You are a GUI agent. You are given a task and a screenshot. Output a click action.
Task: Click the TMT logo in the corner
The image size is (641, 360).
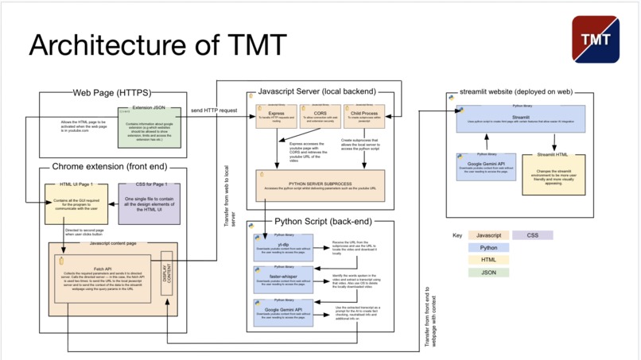click(x=594, y=39)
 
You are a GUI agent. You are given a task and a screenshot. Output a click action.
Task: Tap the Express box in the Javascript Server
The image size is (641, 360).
click(x=277, y=117)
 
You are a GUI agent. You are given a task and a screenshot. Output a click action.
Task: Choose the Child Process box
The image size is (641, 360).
click(x=365, y=117)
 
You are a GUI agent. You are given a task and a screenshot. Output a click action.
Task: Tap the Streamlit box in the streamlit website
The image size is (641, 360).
click(x=522, y=118)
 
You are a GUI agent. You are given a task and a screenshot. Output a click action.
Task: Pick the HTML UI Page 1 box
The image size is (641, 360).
click(x=76, y=202)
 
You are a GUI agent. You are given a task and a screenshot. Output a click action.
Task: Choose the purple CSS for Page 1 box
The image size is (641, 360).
click(x=150, y=202)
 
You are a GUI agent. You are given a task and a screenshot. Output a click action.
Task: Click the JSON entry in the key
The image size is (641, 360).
click(x=488, y=272)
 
